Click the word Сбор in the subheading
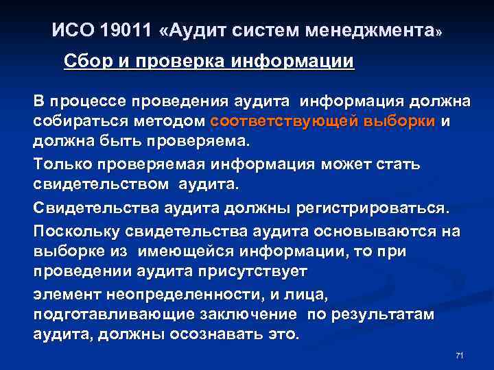[x=86, y=62]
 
